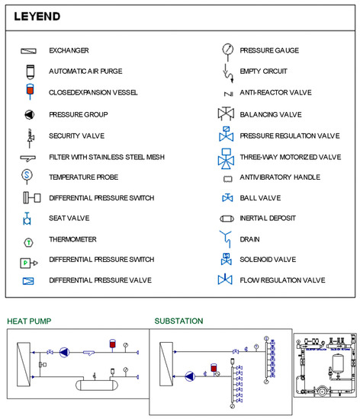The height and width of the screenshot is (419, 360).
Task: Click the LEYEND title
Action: click(37, 17)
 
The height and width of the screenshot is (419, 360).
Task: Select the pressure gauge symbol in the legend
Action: click(227, 51)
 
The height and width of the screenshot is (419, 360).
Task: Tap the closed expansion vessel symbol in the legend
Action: click(30, 91)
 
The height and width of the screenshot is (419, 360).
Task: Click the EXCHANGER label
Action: click(69, 50)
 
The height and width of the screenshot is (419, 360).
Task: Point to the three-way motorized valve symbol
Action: click(227, 158)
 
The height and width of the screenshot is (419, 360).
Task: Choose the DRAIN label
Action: click(249, 239)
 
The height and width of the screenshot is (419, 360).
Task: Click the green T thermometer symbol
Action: click(29, 242)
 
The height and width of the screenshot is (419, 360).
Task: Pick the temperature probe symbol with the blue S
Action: click(27, 176)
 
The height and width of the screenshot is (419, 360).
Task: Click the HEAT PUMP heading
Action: click(29, 321)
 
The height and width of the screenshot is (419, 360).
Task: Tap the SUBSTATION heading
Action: click(178, 321)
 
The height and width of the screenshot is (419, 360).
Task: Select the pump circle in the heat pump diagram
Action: click(64, 352)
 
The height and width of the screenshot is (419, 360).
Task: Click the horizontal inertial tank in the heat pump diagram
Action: click(97, 385)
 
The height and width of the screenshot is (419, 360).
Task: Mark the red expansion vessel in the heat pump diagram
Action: click(113, 344)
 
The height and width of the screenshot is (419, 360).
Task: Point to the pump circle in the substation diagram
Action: click(190, 376)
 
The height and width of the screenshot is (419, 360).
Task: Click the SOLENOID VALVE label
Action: click(268, 260)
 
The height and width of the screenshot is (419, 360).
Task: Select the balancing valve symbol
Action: click(226, 114)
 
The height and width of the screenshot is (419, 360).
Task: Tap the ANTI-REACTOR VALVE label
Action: click(275, 92)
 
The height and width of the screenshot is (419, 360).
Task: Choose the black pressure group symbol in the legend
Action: click(30, 114)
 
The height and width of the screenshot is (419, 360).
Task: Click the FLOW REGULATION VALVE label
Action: click(282, 280)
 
